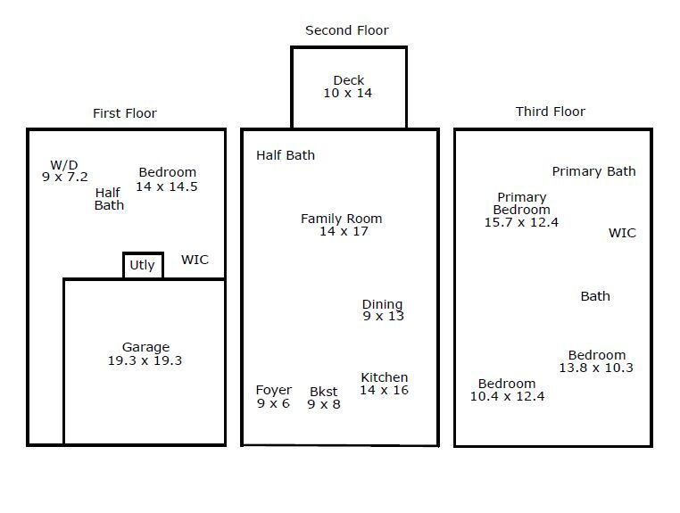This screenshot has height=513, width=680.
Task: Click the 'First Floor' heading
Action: coord(125,113)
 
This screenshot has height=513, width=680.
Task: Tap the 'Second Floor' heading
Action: coord(347,30)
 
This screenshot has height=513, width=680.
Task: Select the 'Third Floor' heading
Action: coord(551,112)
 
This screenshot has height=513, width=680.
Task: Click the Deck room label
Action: coord(349,80)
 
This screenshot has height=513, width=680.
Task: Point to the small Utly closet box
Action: coord(143,252)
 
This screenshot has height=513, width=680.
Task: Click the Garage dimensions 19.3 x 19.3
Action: coord(145,360)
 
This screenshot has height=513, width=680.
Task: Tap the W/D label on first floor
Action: coord(64,165)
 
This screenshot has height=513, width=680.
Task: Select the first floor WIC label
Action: coord(195,260)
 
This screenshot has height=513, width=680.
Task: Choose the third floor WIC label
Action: coord(622,233)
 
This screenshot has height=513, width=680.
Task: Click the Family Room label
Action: coord(341,219)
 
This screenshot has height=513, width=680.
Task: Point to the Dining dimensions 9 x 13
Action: coord(384,316)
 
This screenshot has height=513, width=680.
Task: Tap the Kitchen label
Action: coord(385,377)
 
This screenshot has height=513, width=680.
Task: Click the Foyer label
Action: coord(274,390)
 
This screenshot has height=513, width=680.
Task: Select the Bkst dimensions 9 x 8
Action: coord(324,404)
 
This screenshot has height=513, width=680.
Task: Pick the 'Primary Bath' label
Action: coord(593,171)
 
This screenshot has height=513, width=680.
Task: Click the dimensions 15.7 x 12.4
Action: coord(521,222)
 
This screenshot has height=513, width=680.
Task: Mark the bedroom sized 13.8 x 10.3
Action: coord(596,361)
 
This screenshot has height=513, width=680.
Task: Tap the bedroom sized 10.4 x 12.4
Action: coord(507,390)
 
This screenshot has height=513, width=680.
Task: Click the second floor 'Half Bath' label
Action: coord(286,155)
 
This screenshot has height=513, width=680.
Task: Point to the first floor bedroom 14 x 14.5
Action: coord(167,179)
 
